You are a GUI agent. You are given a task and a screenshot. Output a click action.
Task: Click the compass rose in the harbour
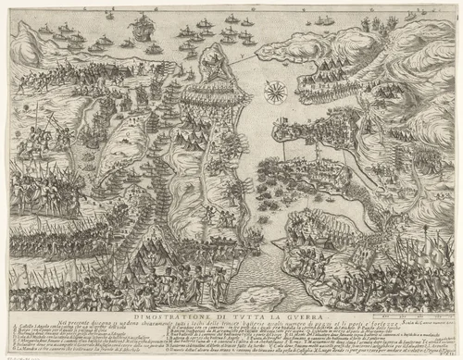pyautogui.click(x=275, y=91)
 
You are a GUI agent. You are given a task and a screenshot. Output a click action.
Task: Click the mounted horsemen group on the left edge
pyautogui.click(x=32, y=139)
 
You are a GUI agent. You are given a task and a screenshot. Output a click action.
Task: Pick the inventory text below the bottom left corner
pyautogui.click(x=23, y=355)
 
